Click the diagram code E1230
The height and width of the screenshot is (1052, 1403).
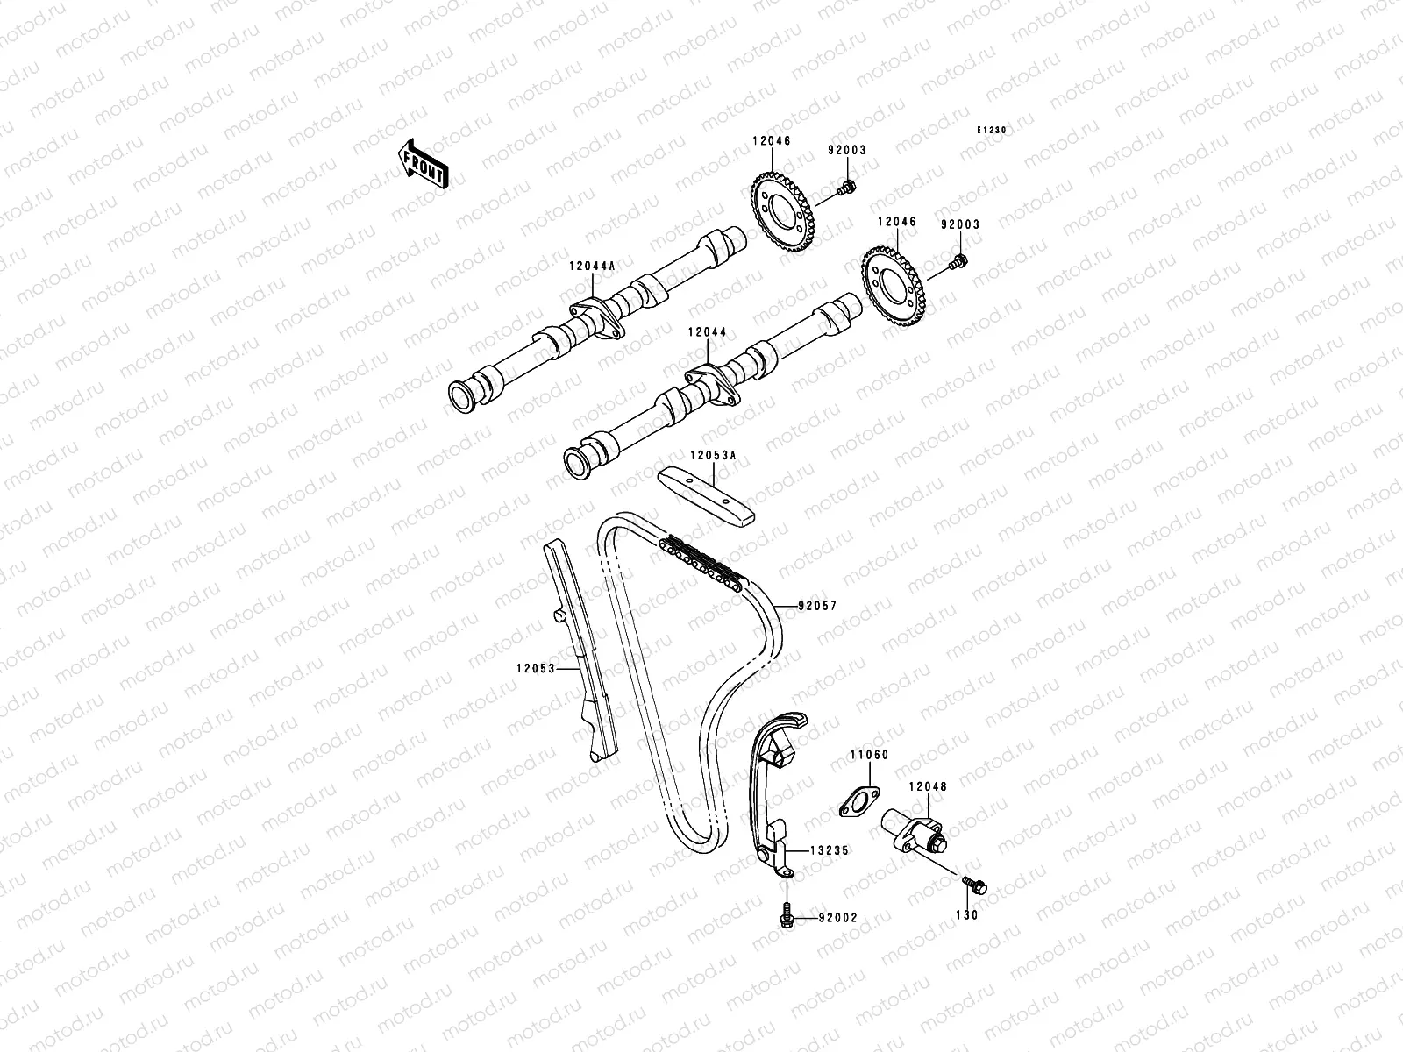pyautogui.click(x=993, y=131)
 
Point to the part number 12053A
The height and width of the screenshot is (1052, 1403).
pyautogui.click(x=712, y=455)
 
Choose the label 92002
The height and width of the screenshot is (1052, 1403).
pyautogui.click(x=837, y=918)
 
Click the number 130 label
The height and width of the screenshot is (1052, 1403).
pyautogui.click(x=970, y=914)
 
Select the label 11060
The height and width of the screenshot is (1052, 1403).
pyautogui.click(x=868, y=754)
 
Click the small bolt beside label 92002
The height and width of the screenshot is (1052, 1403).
pyautogui.click(x=786, y=916)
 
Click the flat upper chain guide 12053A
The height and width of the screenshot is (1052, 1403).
pyautogui.click(x=706, y=495)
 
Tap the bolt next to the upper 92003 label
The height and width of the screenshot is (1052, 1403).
pyautogui.click(x=847, y=187)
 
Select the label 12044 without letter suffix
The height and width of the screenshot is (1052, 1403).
pyautogui.click(x=708, y=332)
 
